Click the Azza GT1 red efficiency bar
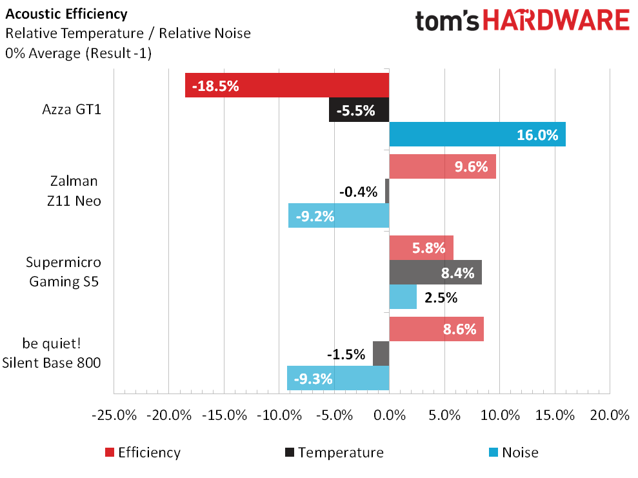click(287, 85)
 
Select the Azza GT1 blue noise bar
click(477, 134)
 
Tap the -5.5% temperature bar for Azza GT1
click(359, 110)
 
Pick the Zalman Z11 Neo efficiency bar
click(443, 166)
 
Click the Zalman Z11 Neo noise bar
click(339, 215)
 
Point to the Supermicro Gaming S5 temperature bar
click(435, 272)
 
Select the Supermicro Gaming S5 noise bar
click(403, 297)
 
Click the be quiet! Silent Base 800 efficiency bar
click(437, 329)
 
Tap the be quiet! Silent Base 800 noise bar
click(338, 378)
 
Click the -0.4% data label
click(357, 191)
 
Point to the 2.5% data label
click(441, 297)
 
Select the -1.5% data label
click(346, 354)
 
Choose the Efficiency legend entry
click(142, 452)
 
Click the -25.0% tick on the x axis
click(114, 414)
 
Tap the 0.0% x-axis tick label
click(389, 414)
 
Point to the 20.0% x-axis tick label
click(610, 414)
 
